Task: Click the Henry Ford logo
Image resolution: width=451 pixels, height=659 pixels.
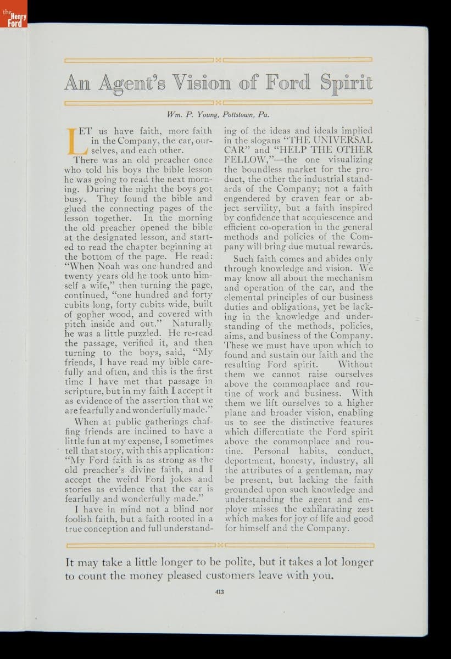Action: [x=14, y=20]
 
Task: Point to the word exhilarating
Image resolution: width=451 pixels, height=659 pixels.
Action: [x=310, y=509]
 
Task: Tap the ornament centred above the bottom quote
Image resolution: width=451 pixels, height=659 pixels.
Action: [x=220, y=545]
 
